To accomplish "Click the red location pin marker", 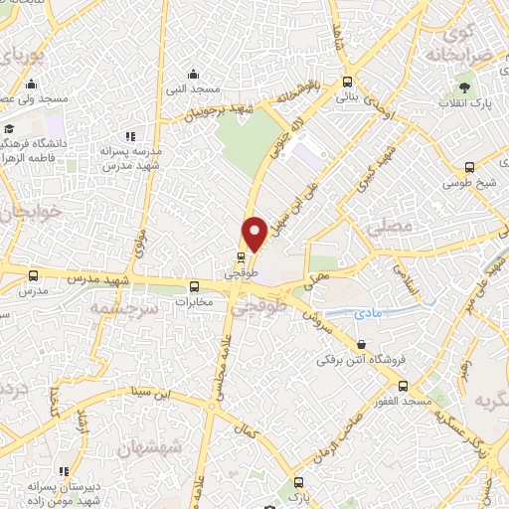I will click(254, 234).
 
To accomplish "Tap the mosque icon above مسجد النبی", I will click(195, 73).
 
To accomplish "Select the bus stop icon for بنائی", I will click(346, 83).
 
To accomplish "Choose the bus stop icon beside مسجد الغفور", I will click(404, 385).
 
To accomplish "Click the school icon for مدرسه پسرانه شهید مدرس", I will click(128, 136).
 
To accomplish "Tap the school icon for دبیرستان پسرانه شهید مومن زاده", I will click(65, 470).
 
